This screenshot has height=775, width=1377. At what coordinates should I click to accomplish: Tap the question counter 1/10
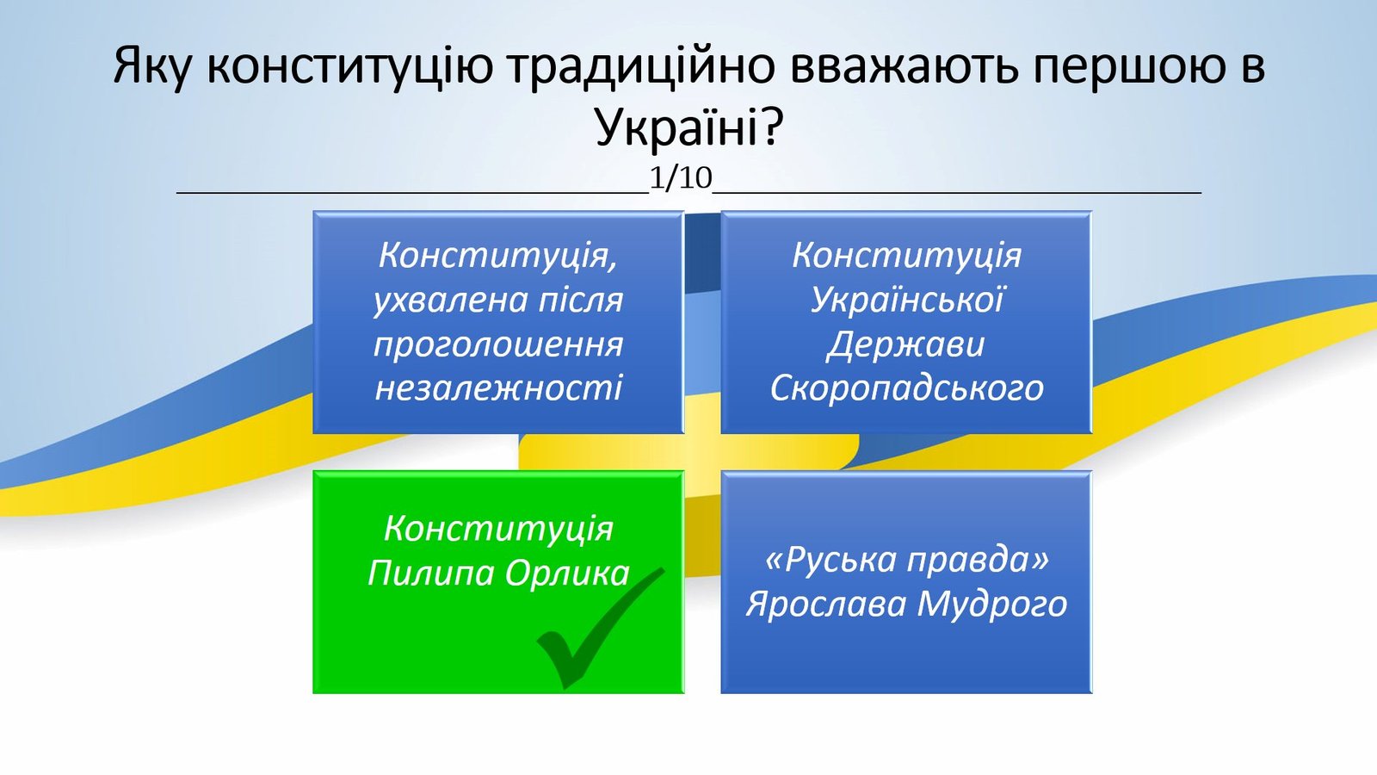[681, 178]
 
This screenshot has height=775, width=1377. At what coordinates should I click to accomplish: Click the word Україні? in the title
[688, 128]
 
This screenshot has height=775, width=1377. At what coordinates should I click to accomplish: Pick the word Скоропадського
[907, 388]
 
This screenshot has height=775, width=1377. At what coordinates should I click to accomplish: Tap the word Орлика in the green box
[567, 573]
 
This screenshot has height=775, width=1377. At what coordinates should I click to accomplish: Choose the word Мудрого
[992, 604]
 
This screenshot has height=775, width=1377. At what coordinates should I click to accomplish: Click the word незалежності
[498, 388]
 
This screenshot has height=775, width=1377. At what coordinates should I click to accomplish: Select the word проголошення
[498, 344]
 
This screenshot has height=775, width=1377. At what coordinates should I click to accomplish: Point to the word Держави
[905, 344]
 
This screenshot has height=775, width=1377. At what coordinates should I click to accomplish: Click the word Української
[907, 300]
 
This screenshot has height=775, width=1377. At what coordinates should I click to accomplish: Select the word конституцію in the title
[349, 66]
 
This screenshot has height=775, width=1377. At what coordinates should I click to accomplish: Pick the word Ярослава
[826, 604]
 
